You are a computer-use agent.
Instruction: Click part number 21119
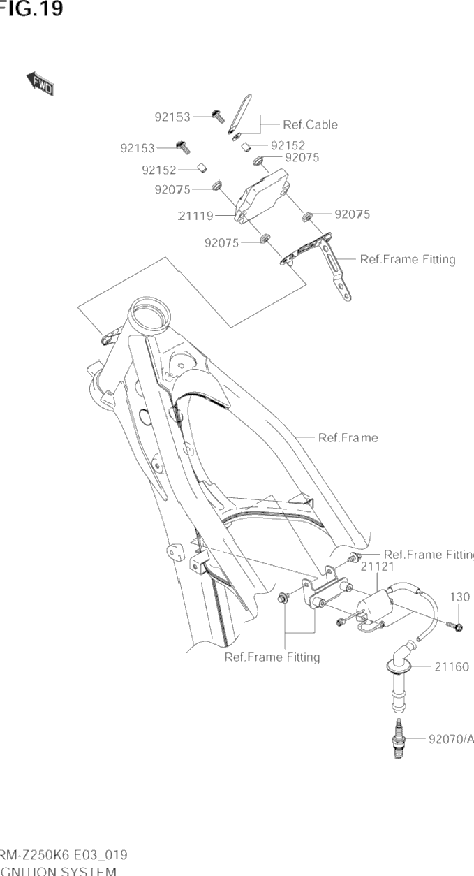[196, 217]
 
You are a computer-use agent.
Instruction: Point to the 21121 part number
[378, 567]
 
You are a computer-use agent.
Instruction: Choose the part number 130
[459, 597]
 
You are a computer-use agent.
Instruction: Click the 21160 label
[452, 667]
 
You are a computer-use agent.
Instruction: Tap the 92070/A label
[451, 738]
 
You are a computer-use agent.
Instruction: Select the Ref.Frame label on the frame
[348, 438]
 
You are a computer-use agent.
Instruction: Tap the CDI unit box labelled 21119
[264, 194]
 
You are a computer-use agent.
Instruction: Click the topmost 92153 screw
[217, 116]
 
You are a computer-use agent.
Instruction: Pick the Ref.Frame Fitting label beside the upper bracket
[407, 259]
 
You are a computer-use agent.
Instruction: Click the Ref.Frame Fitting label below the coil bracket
[272, 657]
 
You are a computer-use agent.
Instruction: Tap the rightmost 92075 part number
[352, 214]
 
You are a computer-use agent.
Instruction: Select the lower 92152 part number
[158, 170]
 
